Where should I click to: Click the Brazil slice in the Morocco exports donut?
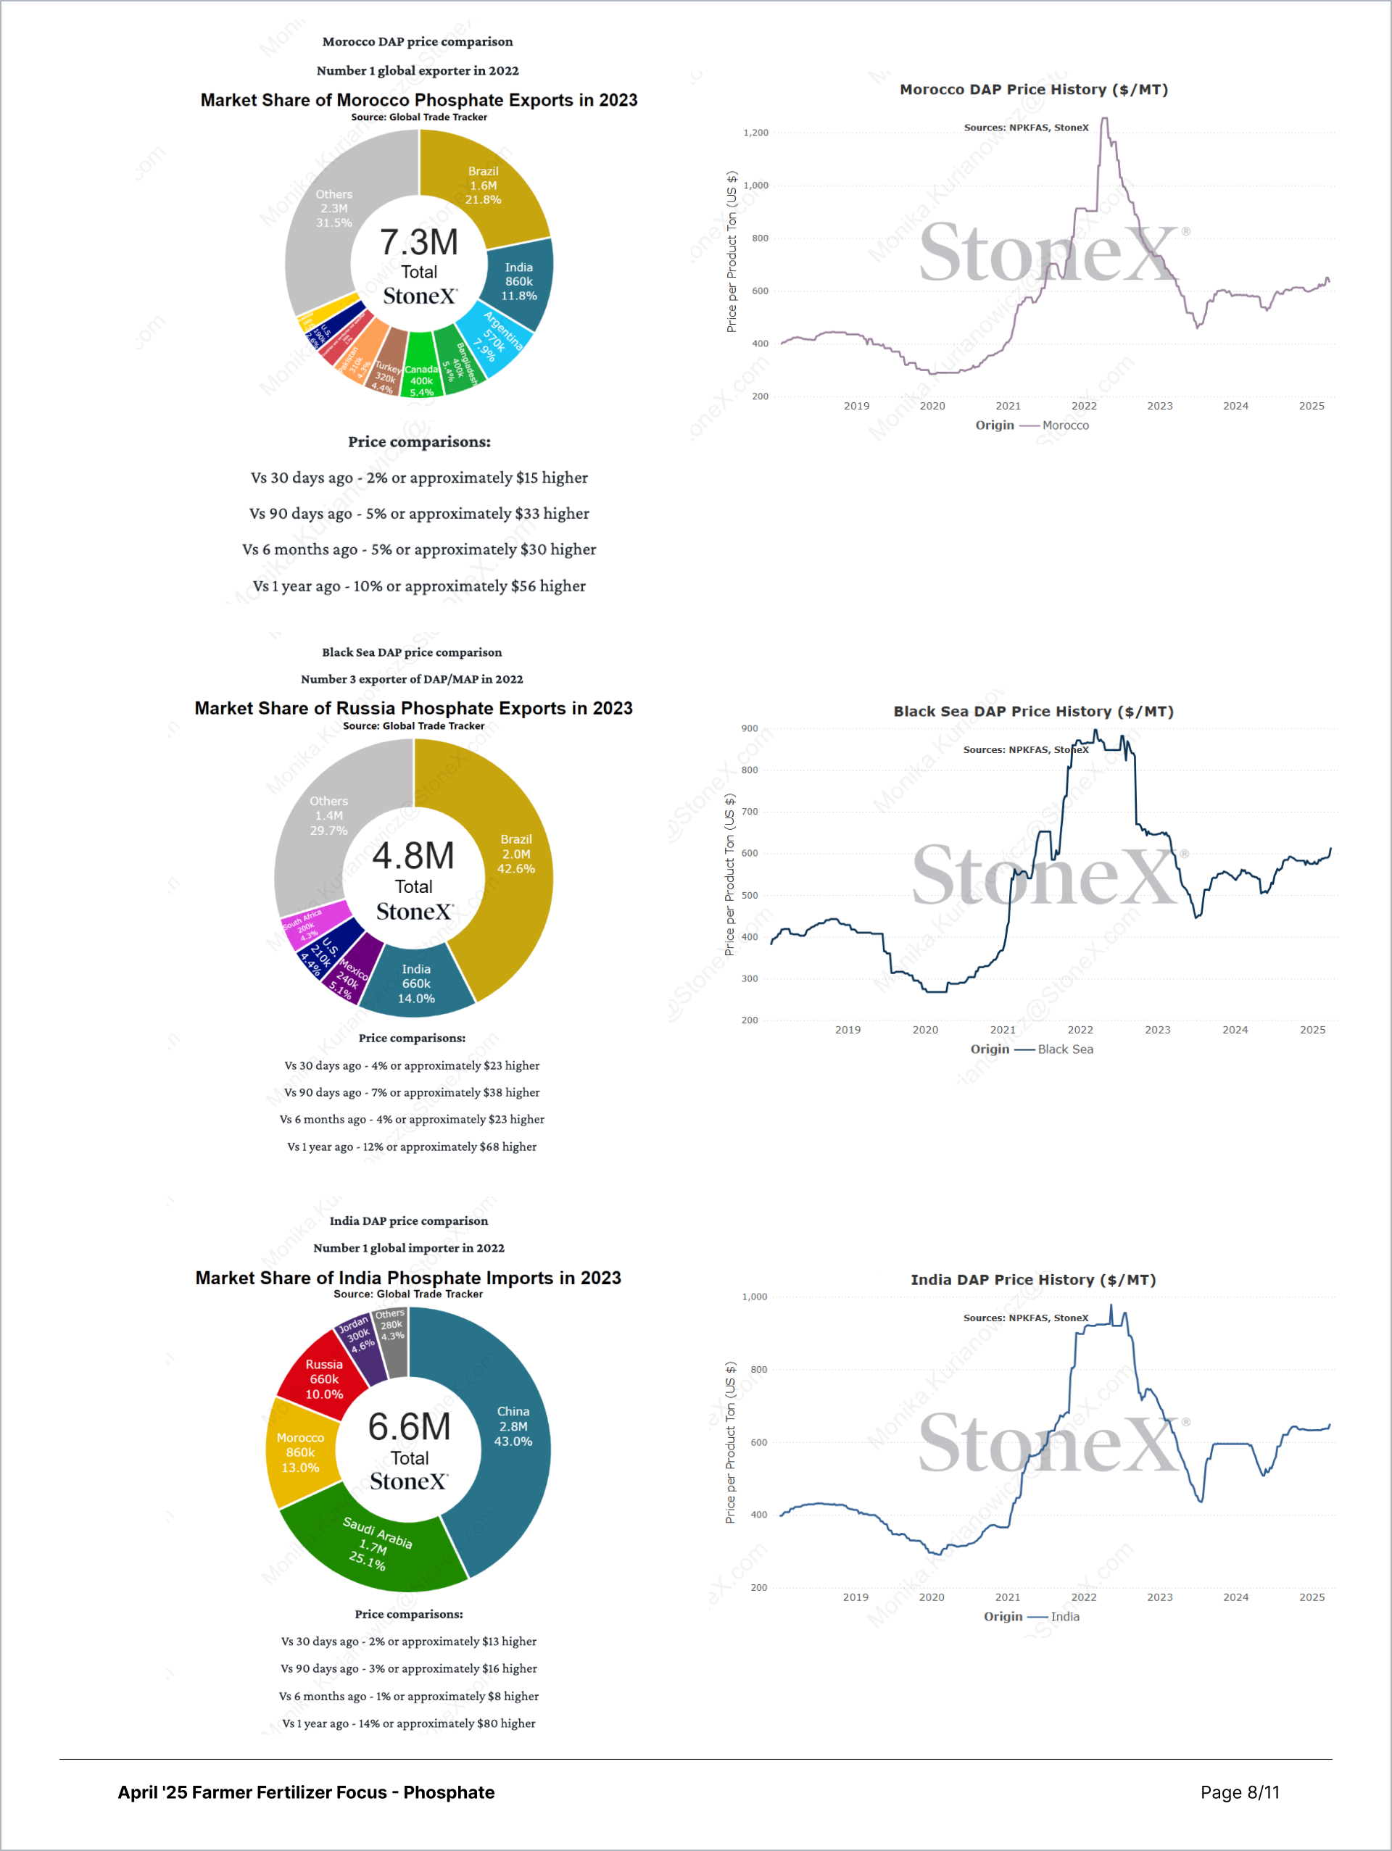tap(483, 186)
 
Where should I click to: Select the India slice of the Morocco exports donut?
tap(518, 282)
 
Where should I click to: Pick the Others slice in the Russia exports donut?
tap(328, 816)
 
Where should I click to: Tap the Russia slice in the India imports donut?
tap(324, 1379)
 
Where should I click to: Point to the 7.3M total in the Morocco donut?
tap(418, 243)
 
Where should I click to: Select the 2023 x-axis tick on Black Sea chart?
tap(1158, 1030)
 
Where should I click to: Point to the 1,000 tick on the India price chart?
tap(754, 1297)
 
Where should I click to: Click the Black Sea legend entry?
tap(1065, 1049)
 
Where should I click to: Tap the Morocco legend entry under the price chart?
tap(1065, 426)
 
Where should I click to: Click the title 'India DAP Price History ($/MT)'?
tap(1033, 1279)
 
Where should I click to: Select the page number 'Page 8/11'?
tap(1240, 1792)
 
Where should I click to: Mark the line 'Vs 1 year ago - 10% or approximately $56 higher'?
tap(419, 586)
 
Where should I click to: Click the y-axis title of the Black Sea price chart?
tap(730, 875)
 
